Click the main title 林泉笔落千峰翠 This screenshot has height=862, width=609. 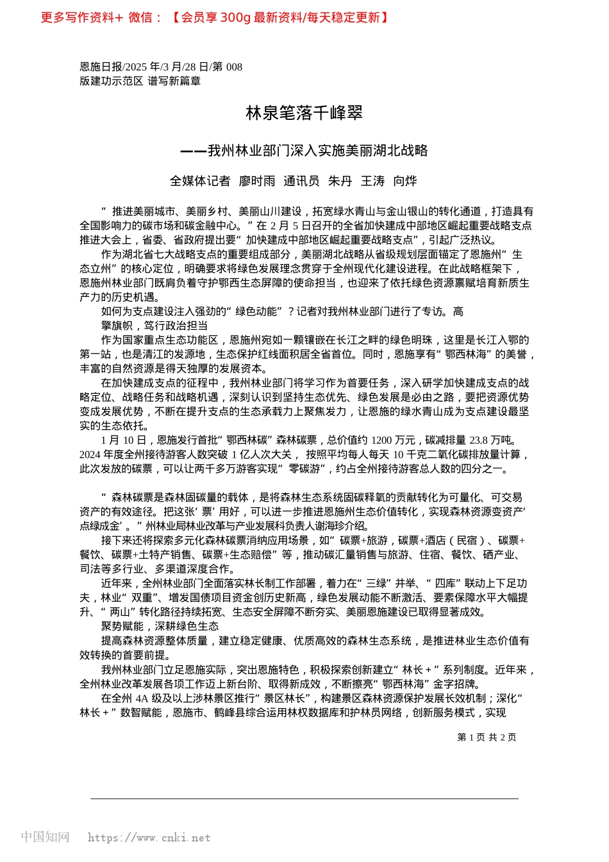point(304,114)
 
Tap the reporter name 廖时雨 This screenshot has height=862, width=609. point(257,182)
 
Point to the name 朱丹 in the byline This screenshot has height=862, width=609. point(340,182)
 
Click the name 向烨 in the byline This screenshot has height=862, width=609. point(405,182)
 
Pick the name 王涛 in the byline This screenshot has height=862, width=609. point(372,182)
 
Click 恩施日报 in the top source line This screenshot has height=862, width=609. point(101,67)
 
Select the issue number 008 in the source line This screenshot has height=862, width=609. point(234,67)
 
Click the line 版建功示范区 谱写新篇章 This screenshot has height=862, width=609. point(140,81)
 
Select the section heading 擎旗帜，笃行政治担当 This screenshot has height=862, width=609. point(154,326)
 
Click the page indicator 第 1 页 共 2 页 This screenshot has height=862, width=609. point(487,738)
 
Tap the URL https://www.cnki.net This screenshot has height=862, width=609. point(149,838)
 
